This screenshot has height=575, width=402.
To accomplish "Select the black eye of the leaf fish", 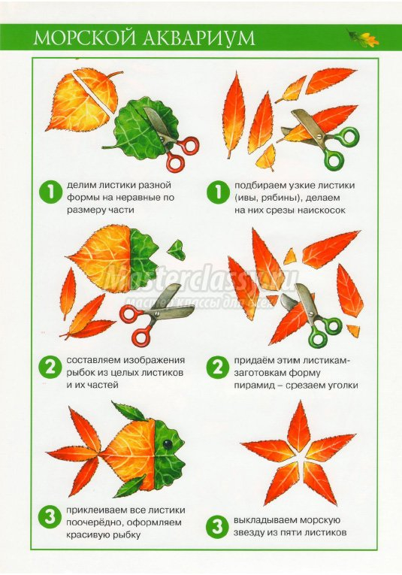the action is (x=168, y=445).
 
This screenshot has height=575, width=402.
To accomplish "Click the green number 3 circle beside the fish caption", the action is (x=50, y=517).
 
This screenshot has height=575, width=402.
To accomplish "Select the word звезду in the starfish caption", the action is (x=249, y=532).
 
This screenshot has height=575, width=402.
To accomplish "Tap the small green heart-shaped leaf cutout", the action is (x=176, y=247).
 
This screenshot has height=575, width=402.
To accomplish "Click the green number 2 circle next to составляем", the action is (x=50, y=367).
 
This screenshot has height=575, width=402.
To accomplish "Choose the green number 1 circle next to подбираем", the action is (x=217, y=192).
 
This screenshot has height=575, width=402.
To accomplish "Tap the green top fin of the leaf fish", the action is (x=129, y=411).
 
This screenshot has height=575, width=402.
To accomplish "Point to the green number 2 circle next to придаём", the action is (x=217, y=368).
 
